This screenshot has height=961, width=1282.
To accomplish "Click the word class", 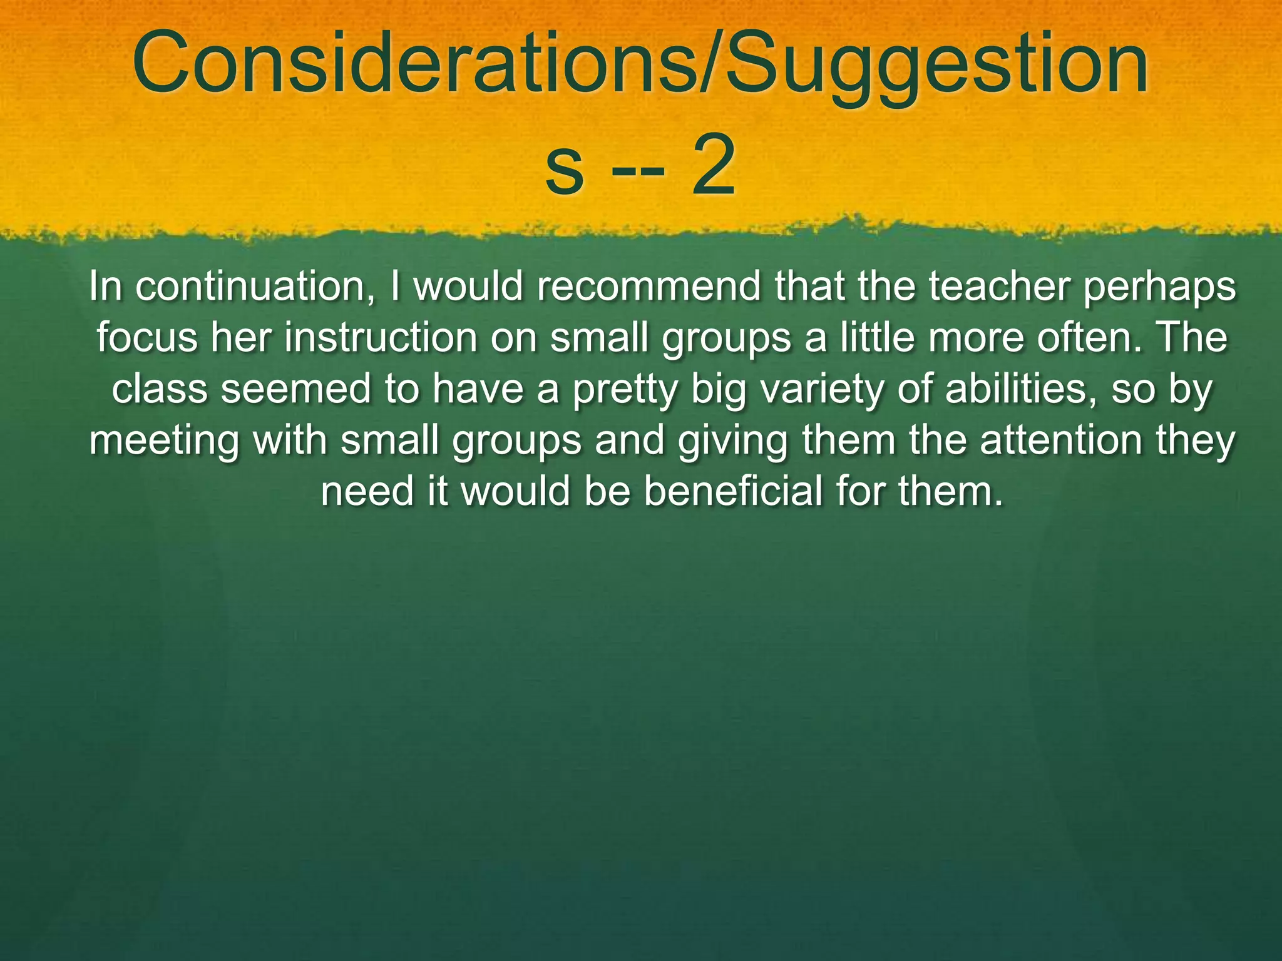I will click(160, 389).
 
